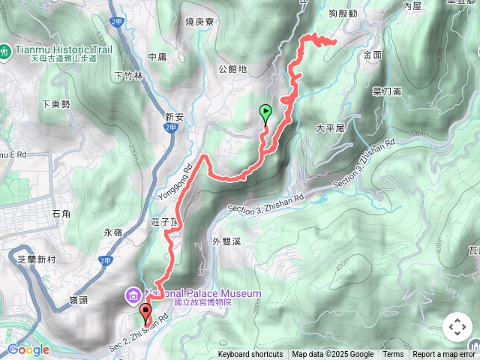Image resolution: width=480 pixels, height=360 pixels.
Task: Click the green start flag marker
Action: click(x=265, y=113)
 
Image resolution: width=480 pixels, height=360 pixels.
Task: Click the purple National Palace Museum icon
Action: click(x=133, y=293)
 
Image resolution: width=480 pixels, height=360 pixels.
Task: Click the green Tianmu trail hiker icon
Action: click(x=5, y=52)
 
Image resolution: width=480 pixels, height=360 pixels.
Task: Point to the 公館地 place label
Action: click(x=232, y=69)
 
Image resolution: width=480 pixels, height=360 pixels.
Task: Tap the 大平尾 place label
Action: click(x=329, y=128)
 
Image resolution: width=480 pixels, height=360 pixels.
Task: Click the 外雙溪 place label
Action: click(x=226, y=241)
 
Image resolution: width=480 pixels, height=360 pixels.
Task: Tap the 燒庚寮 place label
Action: click(x=199, y=22)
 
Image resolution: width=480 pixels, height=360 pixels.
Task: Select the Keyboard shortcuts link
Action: click(x=250, y=355)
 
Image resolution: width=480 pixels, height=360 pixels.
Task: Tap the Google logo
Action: click(x=28, y=349)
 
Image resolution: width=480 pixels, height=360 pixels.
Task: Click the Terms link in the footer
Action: click(x=393, y=355)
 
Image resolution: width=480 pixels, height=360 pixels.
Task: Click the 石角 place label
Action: click(x=61, y=214)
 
